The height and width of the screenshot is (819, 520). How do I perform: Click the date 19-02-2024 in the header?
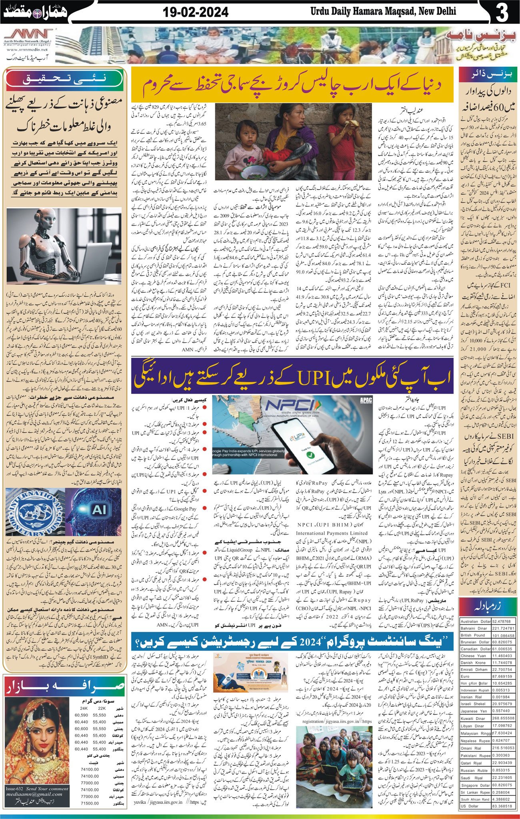point(196,12)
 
